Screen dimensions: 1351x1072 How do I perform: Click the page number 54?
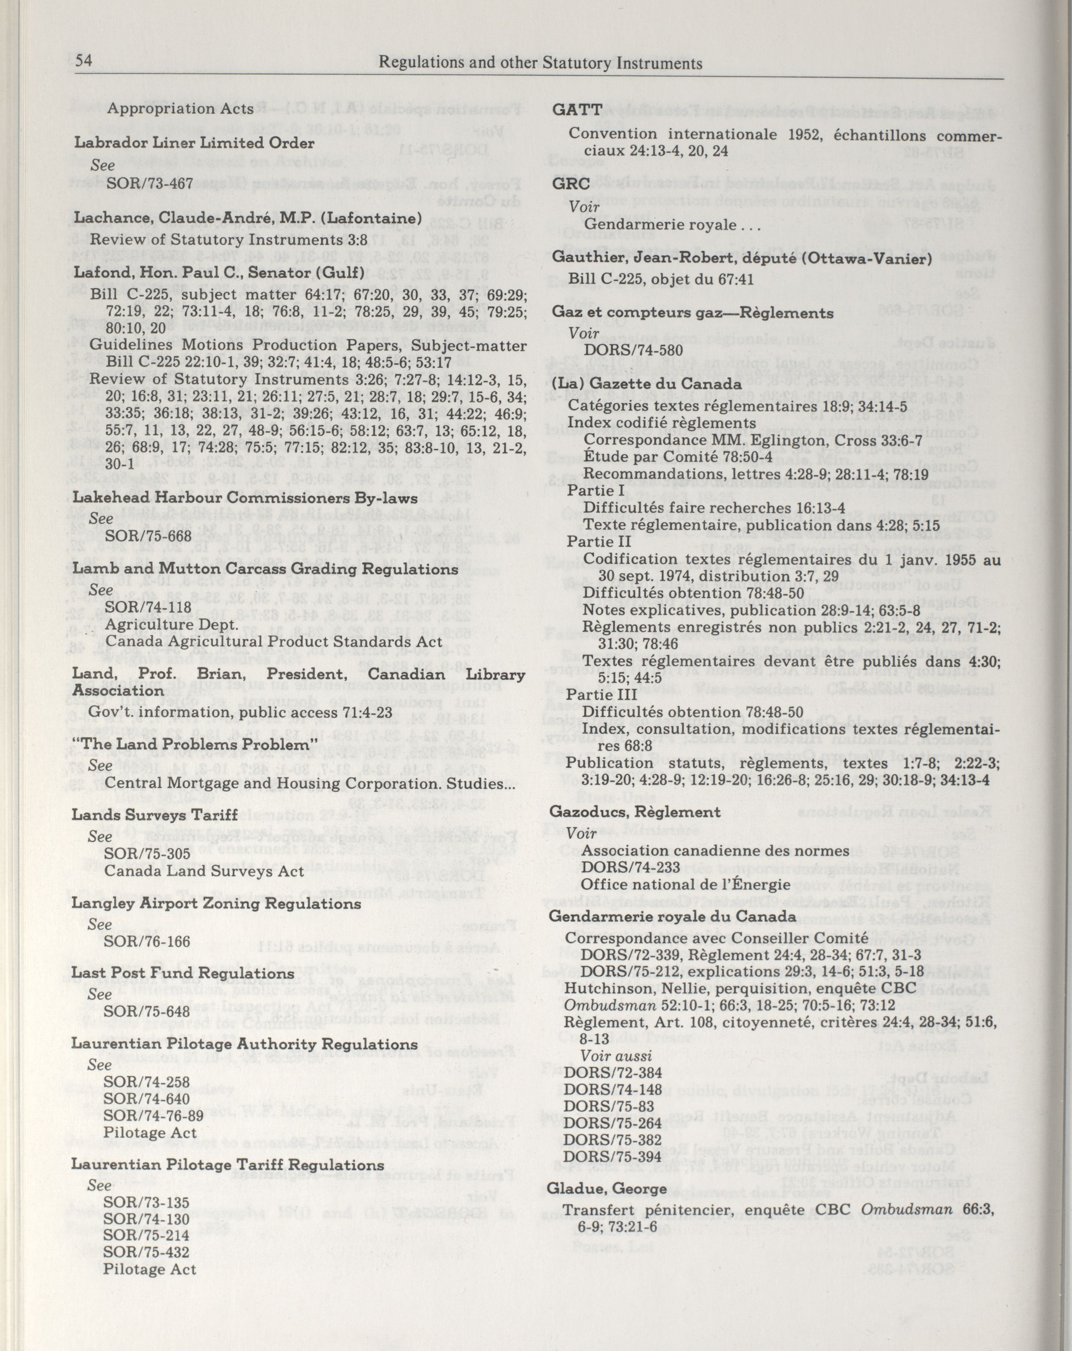tap(84, 61)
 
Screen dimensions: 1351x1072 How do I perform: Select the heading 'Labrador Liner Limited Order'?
tap(194, 143)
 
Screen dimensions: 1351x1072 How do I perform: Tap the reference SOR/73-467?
tap(149, 183)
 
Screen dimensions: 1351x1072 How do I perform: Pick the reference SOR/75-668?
tap(148, 537)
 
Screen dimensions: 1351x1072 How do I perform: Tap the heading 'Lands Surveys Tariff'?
tap(155, 815)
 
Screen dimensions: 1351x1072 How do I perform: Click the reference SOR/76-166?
tap(147, 941)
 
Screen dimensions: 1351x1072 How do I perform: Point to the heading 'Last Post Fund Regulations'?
tap(182, 973)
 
